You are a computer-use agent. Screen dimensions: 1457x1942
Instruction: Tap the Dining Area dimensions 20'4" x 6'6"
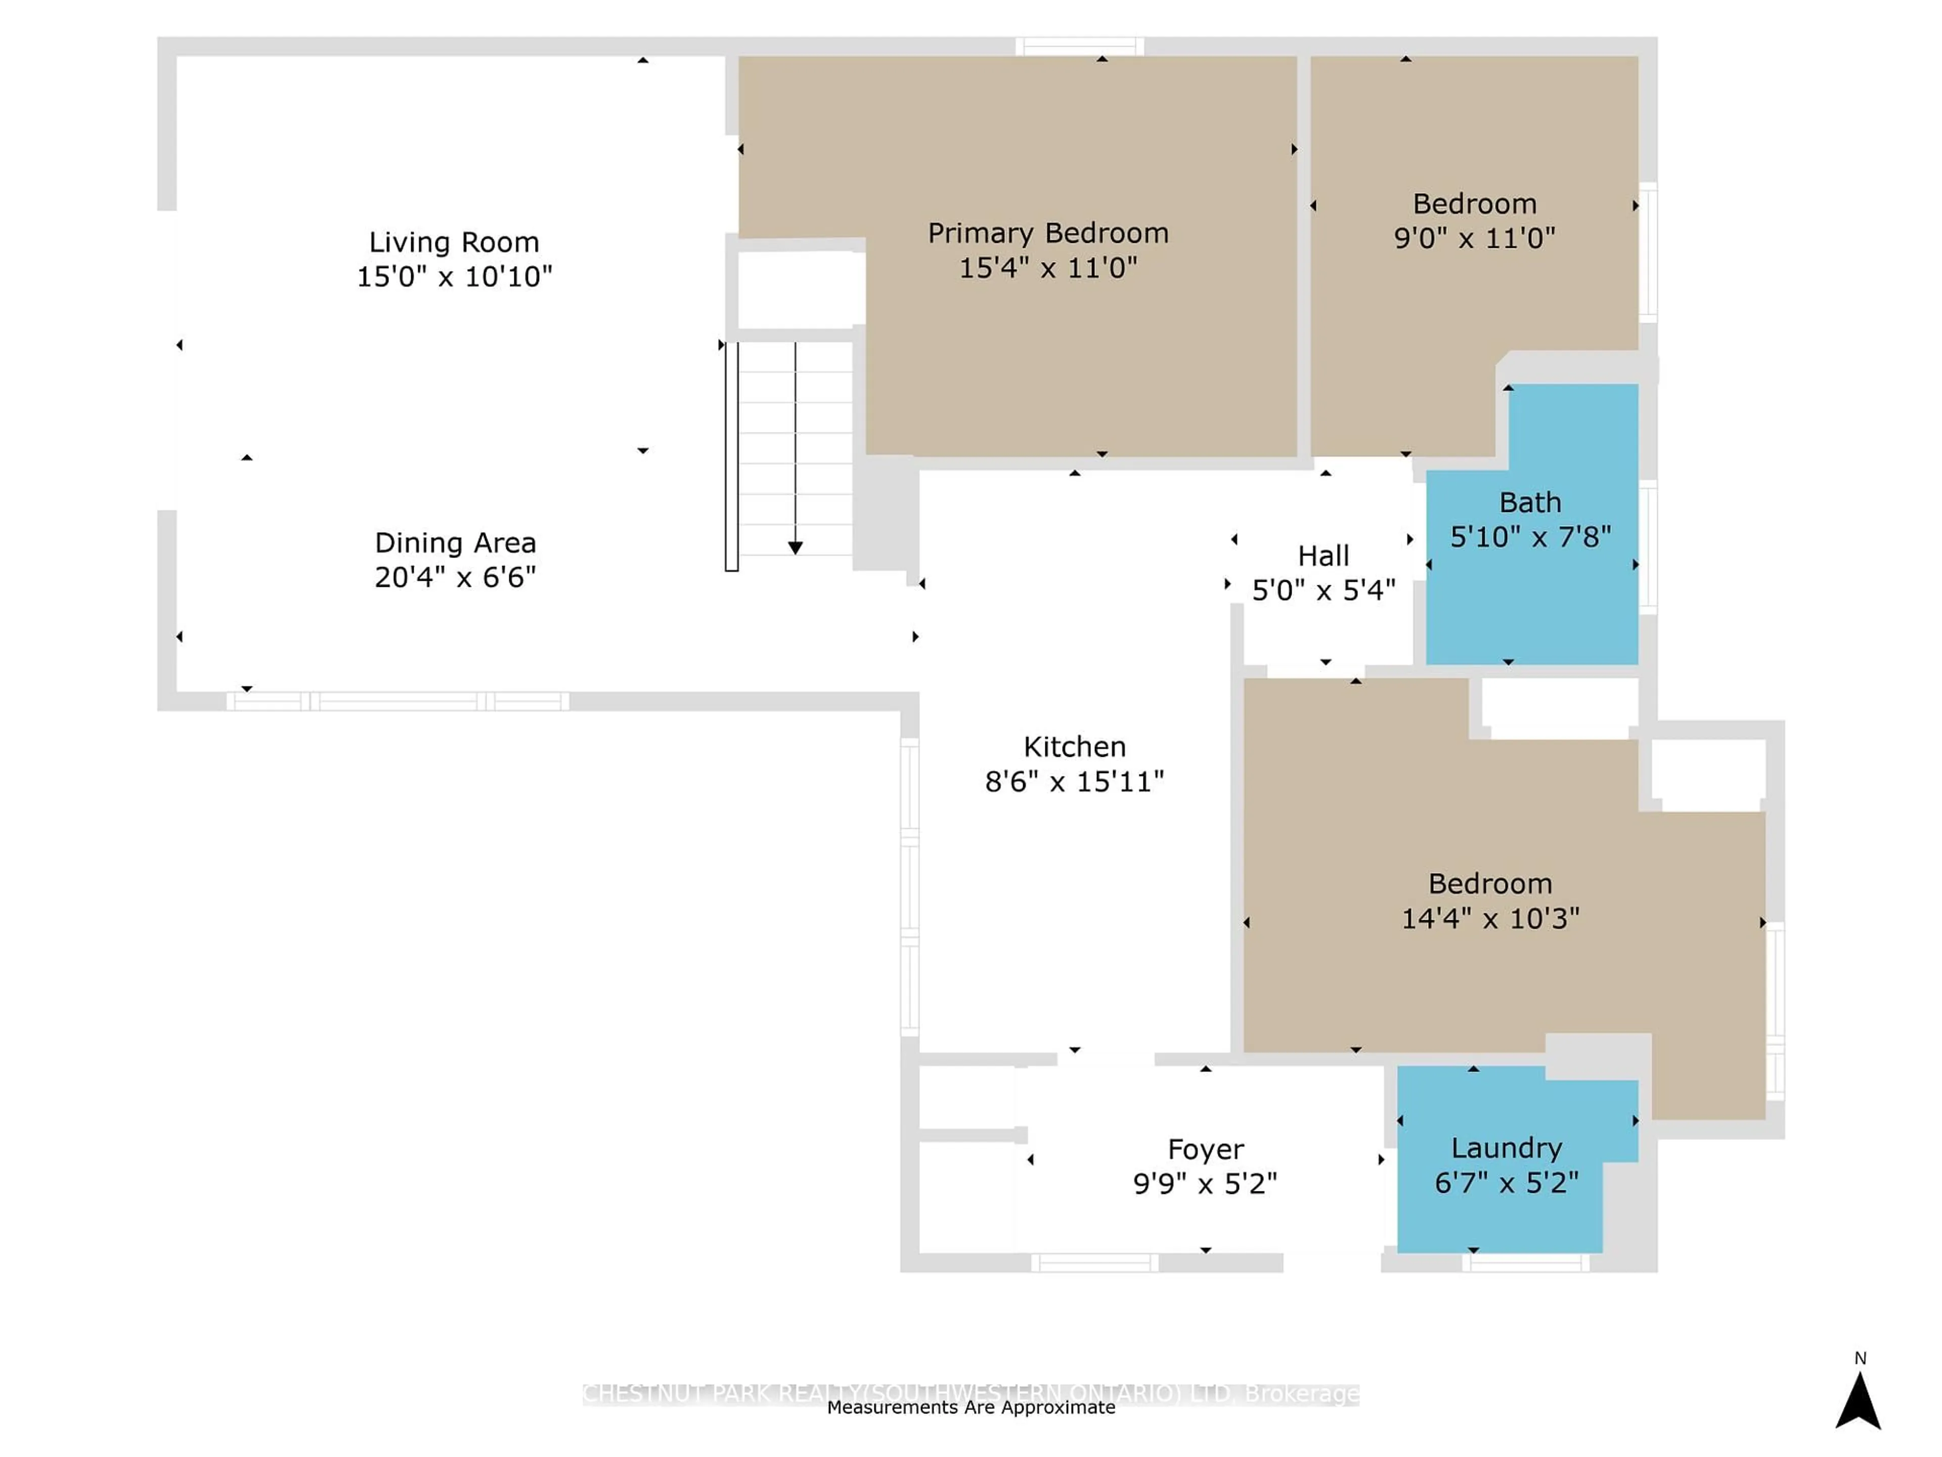pos(455,577)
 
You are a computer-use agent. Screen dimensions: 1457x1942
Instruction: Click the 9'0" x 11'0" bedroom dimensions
pos(1474,238)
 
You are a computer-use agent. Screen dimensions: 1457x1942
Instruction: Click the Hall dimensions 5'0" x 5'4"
pos(1323,590)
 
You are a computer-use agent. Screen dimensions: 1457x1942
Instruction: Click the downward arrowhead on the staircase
pos(795,548)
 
